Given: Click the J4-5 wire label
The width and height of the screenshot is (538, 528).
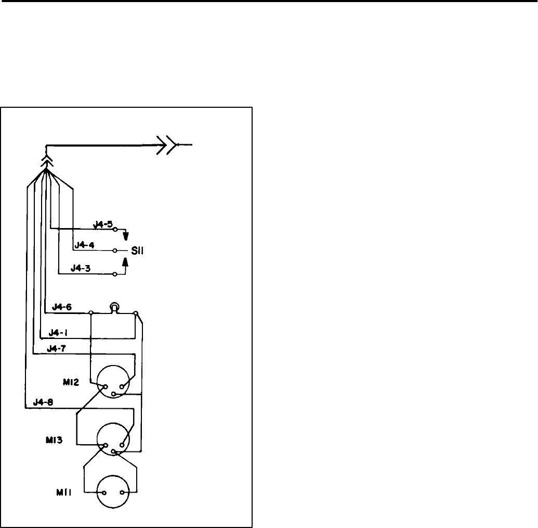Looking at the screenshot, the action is (x=102, y=224).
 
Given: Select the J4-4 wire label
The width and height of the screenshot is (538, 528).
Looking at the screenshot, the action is (x=85, y=244).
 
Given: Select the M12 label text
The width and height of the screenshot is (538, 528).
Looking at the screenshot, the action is (x=72, y=382).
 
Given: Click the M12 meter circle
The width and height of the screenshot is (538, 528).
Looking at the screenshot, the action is (x=114, y=383).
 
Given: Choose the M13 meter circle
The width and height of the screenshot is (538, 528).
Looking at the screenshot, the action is (x=114, y=441).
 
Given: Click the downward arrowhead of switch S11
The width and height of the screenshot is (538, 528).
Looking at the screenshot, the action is (x=125, y=237).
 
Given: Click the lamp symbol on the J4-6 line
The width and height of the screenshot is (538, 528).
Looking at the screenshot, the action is (x=114, y=308).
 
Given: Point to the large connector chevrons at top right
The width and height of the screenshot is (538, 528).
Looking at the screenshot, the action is (x=167, y=144).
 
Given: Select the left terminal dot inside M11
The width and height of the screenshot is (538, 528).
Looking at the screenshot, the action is (x=104, y=493).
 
